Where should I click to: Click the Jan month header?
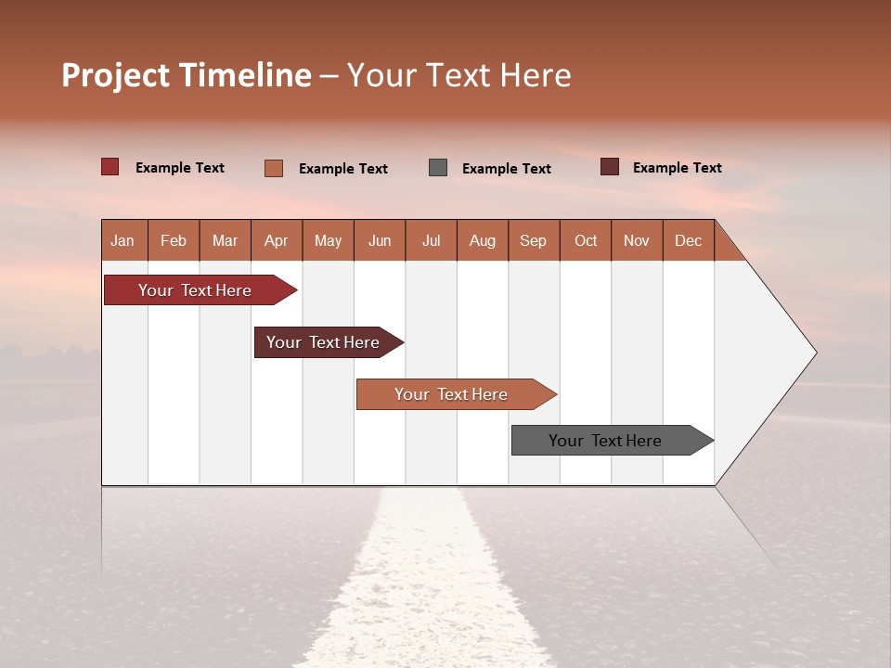[123, 240]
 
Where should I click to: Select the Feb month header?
[174, 240]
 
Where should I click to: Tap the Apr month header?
[276, 240]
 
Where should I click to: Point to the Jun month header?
[380, 240]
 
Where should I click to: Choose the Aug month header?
[482, 240]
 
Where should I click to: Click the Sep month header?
[533, 240]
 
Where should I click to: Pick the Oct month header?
[586, 240]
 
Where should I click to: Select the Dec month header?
[688, 240]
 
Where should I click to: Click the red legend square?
[110, 167]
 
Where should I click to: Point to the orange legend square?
[274, 168]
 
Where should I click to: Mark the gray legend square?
[438, 167]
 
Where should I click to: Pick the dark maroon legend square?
[610, 167]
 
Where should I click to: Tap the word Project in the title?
[115, 75]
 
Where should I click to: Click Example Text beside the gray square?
[507, 168]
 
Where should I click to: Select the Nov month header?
[637, 240]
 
